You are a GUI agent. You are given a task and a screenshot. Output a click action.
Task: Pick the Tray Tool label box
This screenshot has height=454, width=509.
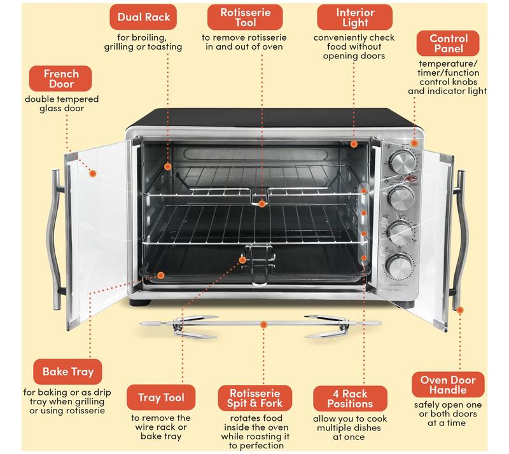point(161,398)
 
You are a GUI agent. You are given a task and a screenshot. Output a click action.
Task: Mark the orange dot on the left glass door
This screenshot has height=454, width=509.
point(93,172)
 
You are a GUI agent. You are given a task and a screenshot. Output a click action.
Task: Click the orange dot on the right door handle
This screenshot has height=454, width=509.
point(460,310)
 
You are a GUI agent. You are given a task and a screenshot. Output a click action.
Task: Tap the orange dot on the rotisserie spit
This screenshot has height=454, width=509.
point(263,324)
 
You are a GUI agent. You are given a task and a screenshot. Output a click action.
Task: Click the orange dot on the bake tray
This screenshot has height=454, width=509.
point(161,276)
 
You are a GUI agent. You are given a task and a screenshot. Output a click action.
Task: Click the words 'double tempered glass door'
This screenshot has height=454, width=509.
point(61,104)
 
